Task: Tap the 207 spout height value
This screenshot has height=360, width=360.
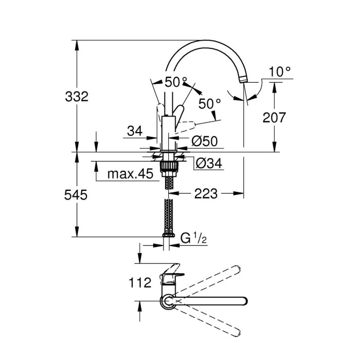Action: (274, 117)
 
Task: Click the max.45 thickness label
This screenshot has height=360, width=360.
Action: (130, 174)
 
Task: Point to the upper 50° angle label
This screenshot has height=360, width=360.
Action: (176, 82)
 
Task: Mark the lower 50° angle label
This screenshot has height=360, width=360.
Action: (209, 103)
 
